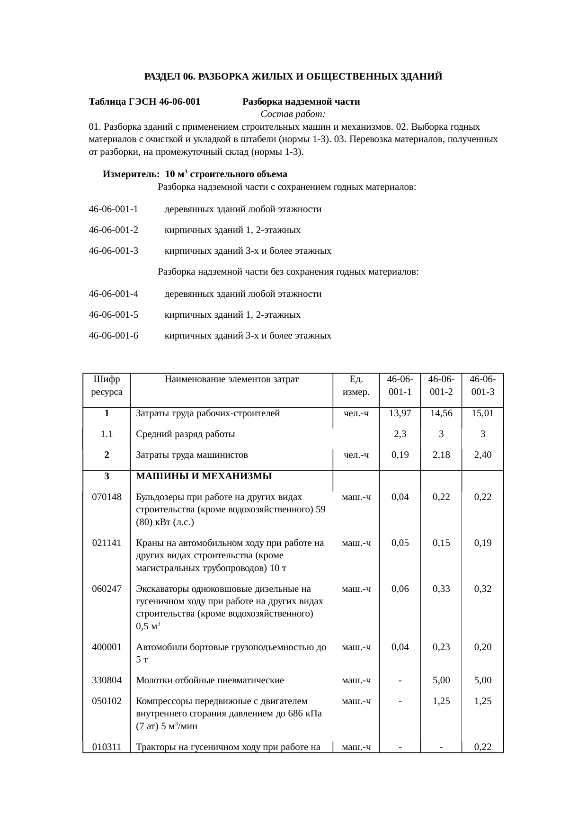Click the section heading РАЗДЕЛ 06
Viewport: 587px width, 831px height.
click(x=169, y=76)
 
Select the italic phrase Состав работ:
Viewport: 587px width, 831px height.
click(x=293, y=114)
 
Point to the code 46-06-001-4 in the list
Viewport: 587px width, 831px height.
click(x=113, y=294)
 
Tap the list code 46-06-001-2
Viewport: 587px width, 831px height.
click(x=113, y=230)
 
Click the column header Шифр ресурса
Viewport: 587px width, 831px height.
click(x=107, y=385)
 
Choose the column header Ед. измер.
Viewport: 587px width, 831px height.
click(x=356, y=385)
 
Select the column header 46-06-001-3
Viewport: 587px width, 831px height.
click(x=482, y=385)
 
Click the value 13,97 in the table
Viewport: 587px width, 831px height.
click(x=400, y=413)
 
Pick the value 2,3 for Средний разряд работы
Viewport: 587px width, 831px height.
click(x=400, y=434)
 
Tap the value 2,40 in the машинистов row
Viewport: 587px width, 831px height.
click(x=482, y=455)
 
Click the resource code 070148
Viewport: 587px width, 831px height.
click(x=107, y=497)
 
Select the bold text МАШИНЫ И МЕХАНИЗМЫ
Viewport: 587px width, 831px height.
click(x=204, y=476)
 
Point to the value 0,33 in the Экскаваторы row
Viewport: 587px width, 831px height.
click(x=441, y=589)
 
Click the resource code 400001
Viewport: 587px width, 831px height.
click(x=107, y=647)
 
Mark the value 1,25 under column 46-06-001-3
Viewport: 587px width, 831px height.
click(x=482, y=701)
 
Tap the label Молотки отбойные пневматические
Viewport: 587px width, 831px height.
click(x=210, y=680)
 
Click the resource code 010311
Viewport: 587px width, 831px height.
click(x=107, y=748)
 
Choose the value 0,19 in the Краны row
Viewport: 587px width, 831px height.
click(x=482, y=543)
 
